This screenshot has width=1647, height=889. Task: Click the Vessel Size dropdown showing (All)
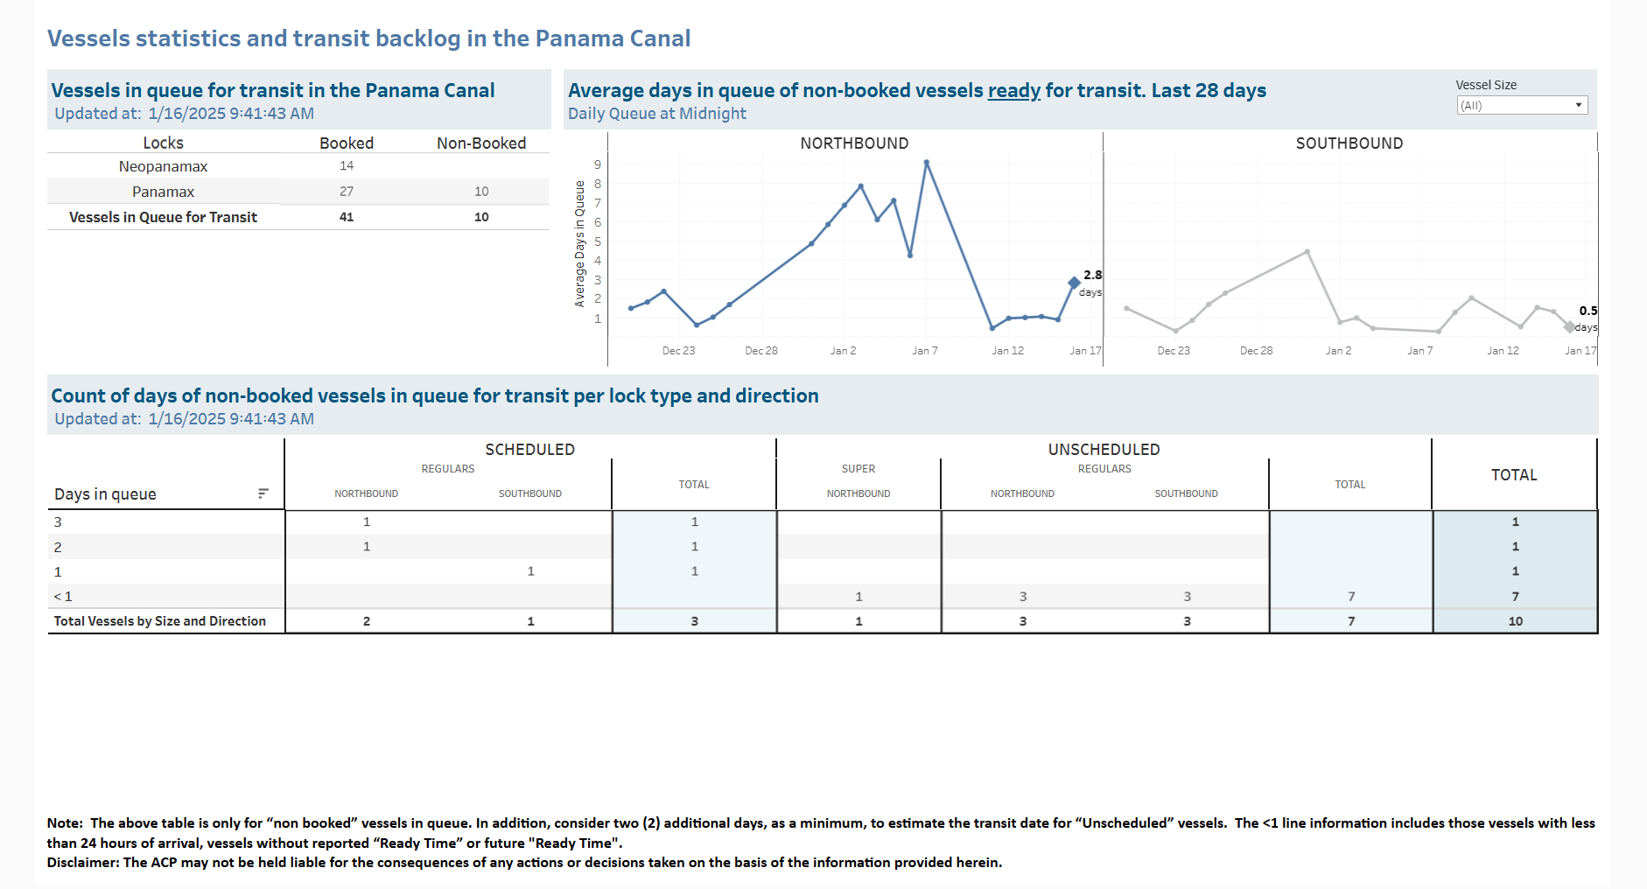pos(1522,105)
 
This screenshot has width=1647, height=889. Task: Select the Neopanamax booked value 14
pos(347,165)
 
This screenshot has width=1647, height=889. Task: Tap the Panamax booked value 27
pos(347,191)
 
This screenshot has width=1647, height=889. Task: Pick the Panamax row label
pos(164,192)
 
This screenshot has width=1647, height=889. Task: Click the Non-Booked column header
pos(481,143)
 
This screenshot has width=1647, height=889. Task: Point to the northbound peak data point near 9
pos(926,163)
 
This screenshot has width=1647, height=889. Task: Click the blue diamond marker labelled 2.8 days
pos(1074,282)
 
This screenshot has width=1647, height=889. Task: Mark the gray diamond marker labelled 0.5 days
pos(1570,326)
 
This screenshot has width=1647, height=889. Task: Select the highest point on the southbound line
pos(1307,252)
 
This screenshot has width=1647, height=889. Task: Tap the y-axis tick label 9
pos(598,164)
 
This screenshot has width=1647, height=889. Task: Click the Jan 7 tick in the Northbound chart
pos(925,350)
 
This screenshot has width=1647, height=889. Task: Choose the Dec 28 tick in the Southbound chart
pos(1256,350)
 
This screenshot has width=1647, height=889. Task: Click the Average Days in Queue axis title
pos(579,243)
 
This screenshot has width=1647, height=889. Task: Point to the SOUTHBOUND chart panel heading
pos(1349,143)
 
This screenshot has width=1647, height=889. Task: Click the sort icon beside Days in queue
pos(263,493)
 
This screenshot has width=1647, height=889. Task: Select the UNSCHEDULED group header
pos(1104,449)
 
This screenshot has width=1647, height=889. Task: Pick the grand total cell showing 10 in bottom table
pos(1515,621)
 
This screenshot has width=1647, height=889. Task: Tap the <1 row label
pos(63,597)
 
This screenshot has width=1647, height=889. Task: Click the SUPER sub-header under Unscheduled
pos(859,469)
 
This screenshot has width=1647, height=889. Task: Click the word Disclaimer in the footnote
pos(83,863)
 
